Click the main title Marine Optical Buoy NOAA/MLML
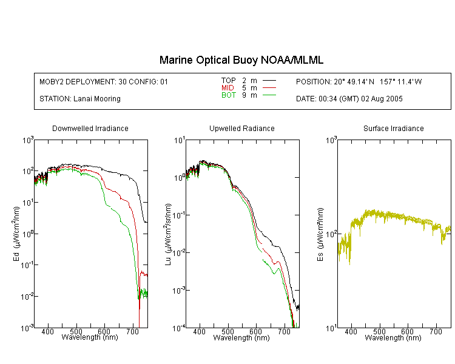coord(241,60)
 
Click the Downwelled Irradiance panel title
coord(90,128)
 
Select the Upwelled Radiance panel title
coord(242,128)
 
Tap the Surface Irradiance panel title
coord(394,128)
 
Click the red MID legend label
coord(227,87)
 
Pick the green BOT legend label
coord(228,95)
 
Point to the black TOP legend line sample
coord(269,81)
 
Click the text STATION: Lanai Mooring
coord(80,99)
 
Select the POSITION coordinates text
coord(359,81)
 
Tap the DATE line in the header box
coord(349,99)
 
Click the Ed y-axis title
coord(16,234)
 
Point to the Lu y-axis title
coord(168,234)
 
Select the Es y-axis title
coord(320,234)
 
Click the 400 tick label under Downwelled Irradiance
coord(47,331)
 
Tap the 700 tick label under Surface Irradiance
coord(436,331)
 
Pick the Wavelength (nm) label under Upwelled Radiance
coord(241,337)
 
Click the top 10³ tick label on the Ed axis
coord(28,140)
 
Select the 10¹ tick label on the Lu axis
coord(180,140)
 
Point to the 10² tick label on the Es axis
coord(331,234)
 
